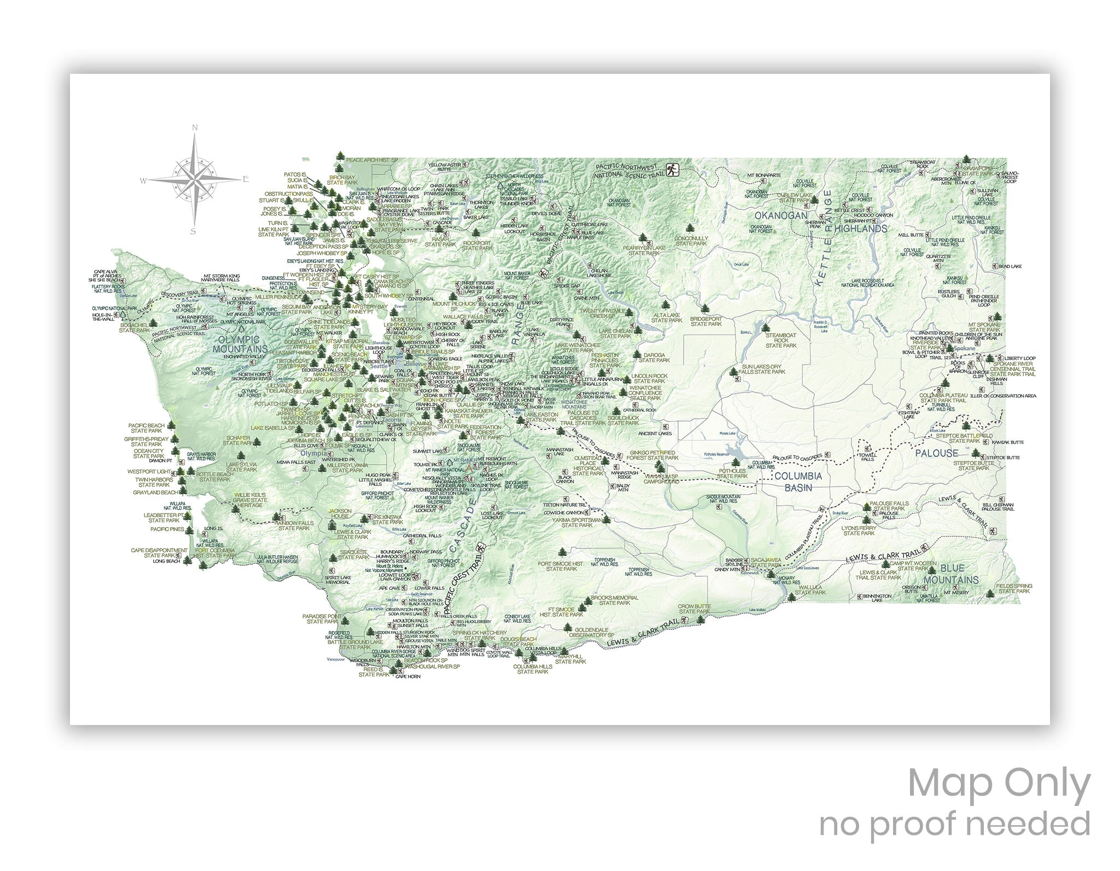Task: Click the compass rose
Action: click(195, 179)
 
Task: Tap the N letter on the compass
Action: click(195, 128)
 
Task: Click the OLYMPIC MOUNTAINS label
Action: click(240, 344)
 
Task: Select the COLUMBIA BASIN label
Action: click(798, 482)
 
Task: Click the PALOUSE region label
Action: click(937, 453)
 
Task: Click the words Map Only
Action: click(999, 785)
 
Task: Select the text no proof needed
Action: click(954, 824)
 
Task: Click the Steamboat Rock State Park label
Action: click(781, 340)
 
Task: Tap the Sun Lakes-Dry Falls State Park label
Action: click(763, 369)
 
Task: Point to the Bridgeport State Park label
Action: click(706, 321)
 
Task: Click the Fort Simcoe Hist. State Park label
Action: click(562, 566)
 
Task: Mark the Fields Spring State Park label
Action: click(1014, 588)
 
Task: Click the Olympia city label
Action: click(313, 453)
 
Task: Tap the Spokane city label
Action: click(962, 348)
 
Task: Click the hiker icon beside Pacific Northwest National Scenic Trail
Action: click(672, 170)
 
